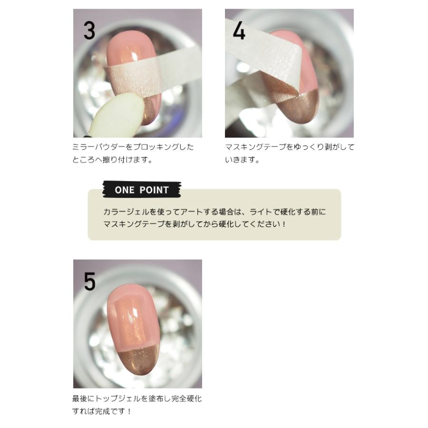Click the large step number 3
89,30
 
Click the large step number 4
239,30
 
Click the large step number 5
89,281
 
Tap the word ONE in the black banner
124,190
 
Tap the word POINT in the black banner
154,190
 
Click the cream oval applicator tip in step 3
118,114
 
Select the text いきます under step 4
240,160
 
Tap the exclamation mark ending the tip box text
284,224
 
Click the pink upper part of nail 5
133,317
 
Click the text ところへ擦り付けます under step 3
112,160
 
